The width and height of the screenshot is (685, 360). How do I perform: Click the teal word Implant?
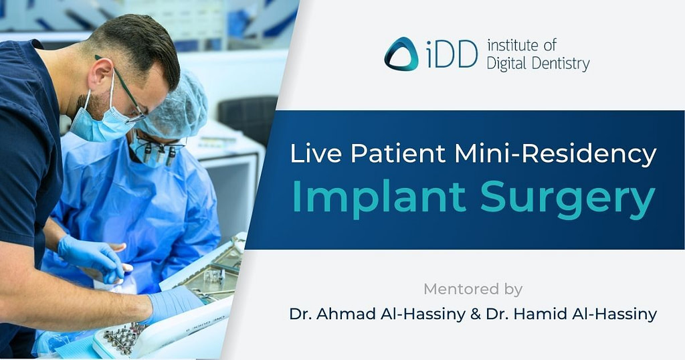coord(373,197)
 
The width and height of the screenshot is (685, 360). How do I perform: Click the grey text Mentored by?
coord(472,289)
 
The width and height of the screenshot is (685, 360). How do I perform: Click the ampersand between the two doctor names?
coord(476,314)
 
